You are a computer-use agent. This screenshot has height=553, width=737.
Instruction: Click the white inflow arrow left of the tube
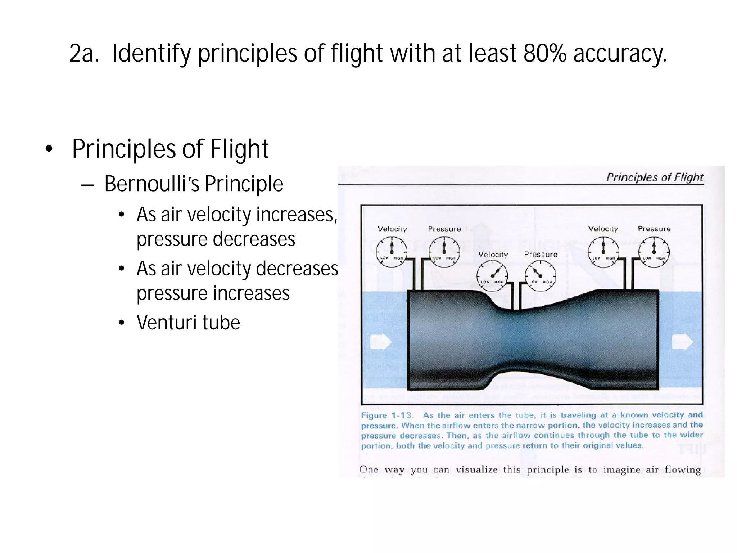pos(380,342)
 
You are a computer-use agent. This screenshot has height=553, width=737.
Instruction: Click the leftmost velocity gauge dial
pos(392,252)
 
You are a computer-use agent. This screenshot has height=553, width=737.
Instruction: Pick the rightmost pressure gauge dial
pos(654,252)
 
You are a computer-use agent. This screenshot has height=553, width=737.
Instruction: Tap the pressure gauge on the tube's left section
pos(444,252)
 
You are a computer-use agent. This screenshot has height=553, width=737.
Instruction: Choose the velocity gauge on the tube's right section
pos(603,252)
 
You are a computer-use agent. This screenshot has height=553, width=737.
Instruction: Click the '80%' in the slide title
pos(545,53)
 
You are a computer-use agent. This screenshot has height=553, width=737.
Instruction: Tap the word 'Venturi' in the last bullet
pos(166,322)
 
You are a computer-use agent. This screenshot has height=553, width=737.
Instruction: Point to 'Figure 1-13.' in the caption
pos(387,415)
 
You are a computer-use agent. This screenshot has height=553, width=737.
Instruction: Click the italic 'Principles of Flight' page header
pos(655,177)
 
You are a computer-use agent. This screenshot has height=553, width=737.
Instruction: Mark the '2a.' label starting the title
pos(84,53)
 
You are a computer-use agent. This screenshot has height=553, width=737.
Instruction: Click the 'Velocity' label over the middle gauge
pos(493,255)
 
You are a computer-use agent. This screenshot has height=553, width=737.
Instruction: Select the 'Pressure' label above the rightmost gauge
pos(654,229)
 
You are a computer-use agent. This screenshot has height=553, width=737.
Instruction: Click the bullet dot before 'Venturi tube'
pos(122,323)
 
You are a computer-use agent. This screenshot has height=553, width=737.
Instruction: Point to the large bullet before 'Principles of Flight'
pos(49,149)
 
